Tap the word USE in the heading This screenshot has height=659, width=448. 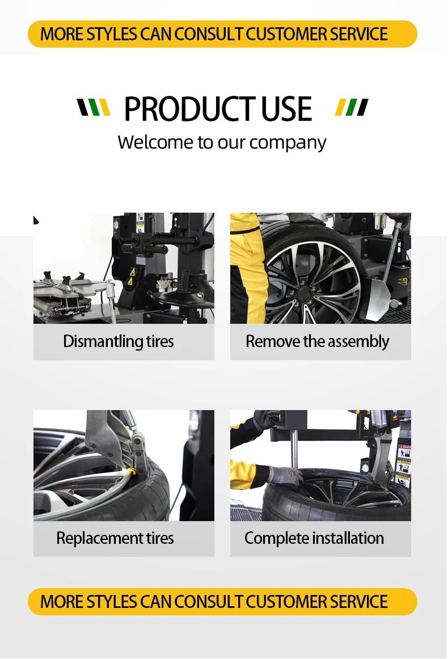coord(286,109)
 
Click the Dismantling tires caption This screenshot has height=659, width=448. coord(119,341)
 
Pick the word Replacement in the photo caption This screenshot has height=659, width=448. coord(92,538)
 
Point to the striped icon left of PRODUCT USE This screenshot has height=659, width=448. coord(94,107)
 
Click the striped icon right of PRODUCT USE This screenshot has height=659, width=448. coord(352,107)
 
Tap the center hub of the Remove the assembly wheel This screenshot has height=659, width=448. coord(305,294)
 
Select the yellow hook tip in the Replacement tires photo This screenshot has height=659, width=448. coord(132,471)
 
